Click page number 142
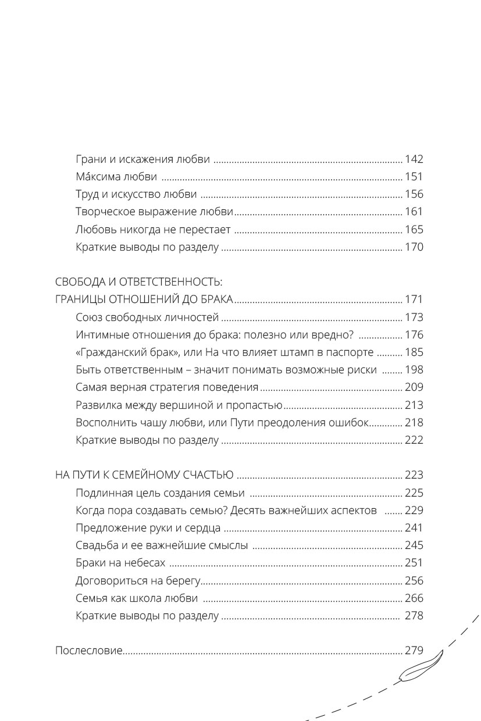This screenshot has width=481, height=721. point(414,159)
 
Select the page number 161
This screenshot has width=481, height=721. point(414,212)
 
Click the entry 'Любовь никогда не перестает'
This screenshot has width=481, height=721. point(154,229)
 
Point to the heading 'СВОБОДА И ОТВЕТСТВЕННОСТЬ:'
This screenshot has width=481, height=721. point(138,282)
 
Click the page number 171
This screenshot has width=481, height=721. point(414,300)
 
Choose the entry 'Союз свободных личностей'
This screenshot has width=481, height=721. point(147,317)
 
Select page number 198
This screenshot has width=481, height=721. point(414,370)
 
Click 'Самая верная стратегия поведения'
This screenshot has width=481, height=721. point(167,387)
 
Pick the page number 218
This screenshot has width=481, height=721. point(414,423)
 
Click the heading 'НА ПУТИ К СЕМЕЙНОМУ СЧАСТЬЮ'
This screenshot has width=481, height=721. point(144,475)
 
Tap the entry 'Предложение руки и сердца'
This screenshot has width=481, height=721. point(148,528)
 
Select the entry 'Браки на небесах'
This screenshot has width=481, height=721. point(120,563)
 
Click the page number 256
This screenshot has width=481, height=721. point(414,580)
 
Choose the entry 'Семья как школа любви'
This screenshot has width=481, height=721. point(137,598)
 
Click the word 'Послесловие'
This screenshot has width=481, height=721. point(88,651)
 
